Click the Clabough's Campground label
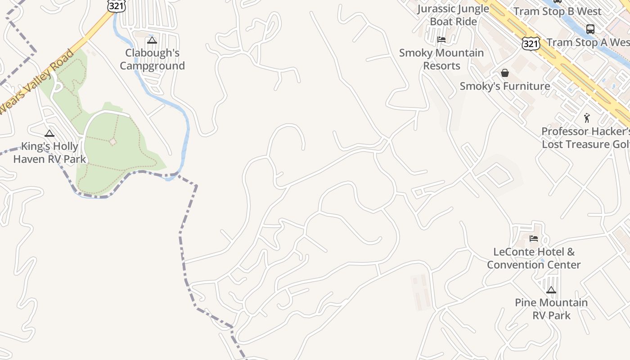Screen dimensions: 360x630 pos(152,59)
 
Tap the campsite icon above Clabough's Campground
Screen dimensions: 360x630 pos(152,40)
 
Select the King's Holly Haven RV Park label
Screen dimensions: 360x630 pos(49,153)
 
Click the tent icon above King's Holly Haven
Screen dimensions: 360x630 pos(49,133)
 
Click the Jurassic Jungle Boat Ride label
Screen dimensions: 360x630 pos(453,15)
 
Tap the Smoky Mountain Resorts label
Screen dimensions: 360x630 pos(441,59)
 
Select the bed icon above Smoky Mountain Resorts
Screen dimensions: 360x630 pos(441,40)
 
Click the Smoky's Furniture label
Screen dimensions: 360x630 pos(505,86)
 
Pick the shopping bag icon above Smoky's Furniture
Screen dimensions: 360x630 pos(505,73)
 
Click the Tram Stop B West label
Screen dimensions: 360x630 pos(558,11)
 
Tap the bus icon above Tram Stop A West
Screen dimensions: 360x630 pos(590,29)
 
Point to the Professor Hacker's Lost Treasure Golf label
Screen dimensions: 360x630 pos(585,138)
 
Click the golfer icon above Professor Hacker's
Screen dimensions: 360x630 pos(587,118)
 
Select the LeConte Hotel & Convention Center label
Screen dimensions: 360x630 pos(534,258)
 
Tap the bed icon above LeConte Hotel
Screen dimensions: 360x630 pos(534,238)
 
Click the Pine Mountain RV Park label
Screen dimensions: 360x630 pos(551,309)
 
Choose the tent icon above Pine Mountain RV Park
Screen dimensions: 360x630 pos(551,290)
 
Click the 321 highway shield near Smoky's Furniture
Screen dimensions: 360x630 pos(531,43)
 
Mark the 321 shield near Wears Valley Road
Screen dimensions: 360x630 pos(116,5)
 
